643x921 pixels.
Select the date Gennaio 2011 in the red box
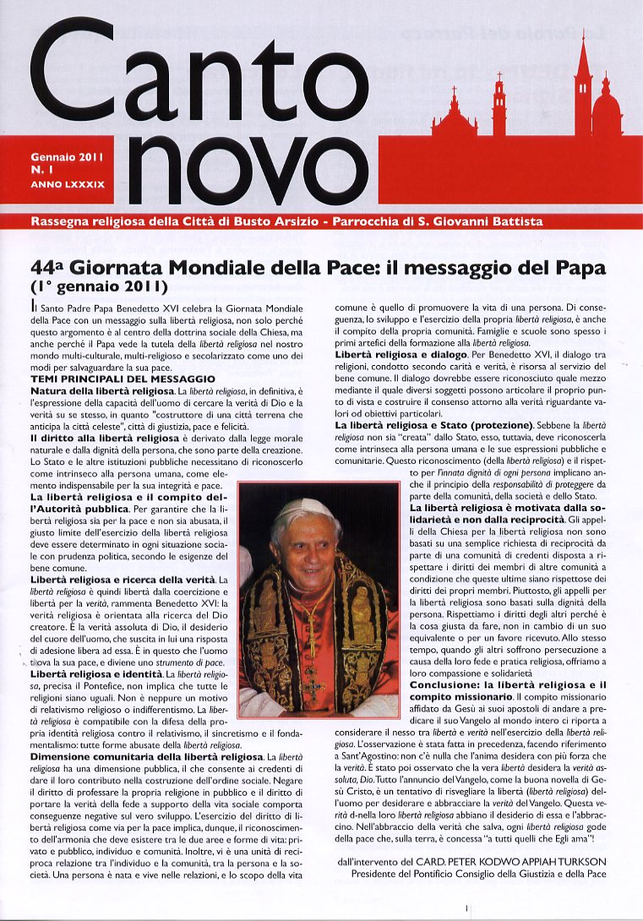click(x=67, y=157)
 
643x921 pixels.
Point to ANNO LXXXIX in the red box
click(x=68, y=183)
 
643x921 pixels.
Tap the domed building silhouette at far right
click(x=606, y=110)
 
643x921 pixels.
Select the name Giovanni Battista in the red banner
click(x=487, y=222)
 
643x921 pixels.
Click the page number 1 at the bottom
click(x=466, y=908)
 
